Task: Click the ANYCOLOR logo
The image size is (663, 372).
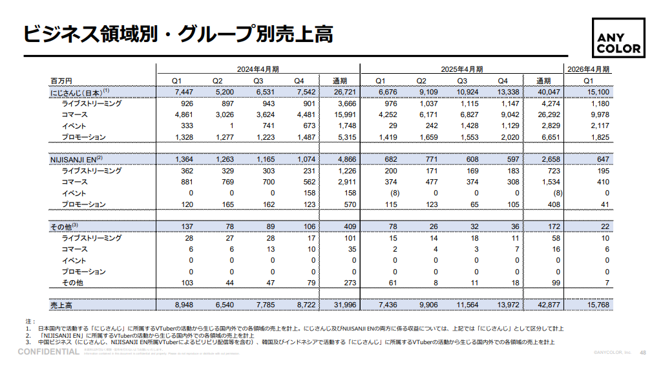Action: pos(619,41)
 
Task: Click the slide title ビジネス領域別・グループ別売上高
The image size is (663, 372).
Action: pos(178,34)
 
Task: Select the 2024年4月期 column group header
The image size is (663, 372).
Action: pos(257,69)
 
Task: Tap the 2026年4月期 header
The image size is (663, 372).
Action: pos(588,69)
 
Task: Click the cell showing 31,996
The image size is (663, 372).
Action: pos(343,303)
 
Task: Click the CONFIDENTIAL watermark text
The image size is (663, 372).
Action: pos(48,351)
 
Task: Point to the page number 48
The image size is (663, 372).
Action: pos(642,353)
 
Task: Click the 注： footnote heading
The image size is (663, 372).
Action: pos(30,322)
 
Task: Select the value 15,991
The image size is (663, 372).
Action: pos(343,115)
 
